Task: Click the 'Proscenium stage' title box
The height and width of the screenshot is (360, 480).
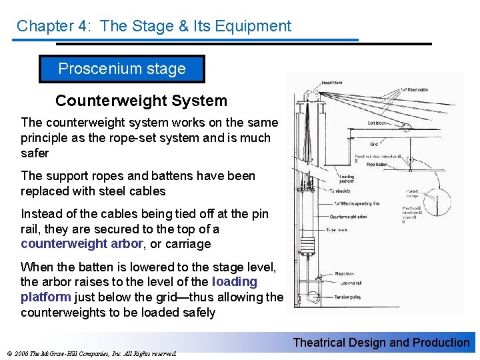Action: [122, 69]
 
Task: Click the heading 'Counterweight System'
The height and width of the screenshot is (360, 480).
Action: [141, 101]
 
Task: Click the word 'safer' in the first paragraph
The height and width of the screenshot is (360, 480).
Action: [35, 153]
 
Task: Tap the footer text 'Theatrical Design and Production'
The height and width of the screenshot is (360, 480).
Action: [381, 343]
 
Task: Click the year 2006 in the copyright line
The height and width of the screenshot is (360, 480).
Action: [20, 353]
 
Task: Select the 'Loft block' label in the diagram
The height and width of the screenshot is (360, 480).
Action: [379, 123]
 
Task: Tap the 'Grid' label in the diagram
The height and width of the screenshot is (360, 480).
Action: [375, 145]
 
